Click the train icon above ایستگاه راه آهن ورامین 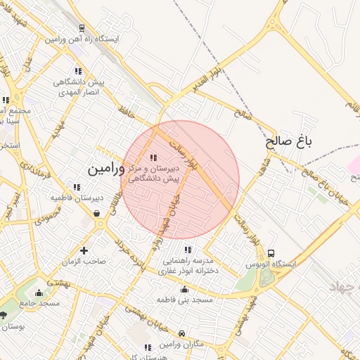click(82, 29)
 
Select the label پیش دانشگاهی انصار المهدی click(79, 88)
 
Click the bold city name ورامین click(105, 169)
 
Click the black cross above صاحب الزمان click(84, 250)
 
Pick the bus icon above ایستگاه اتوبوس click(271, 254)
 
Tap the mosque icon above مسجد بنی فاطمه click(185, 289)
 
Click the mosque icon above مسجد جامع click(39, 294)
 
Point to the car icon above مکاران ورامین click(182, 333)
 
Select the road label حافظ click(127, 112)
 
